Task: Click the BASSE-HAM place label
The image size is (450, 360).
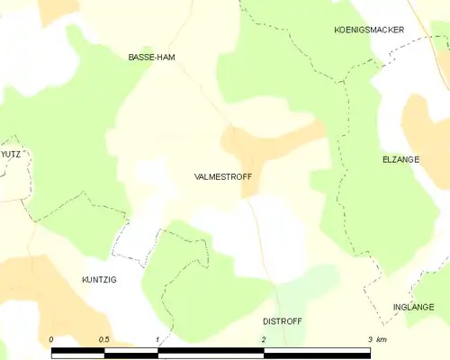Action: [151, 57]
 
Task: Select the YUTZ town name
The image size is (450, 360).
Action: [10, 154]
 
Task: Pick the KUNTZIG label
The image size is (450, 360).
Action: [99, 280]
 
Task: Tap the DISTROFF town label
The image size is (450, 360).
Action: [281, 320]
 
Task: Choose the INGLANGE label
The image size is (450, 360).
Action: [413, 307]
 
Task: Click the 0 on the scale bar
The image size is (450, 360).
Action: [51, 339]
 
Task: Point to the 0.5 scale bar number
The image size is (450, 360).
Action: [104, 339]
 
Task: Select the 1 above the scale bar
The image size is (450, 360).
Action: [157, 339]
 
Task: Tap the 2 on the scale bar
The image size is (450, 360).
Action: [264, 339]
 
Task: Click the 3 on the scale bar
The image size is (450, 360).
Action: [370, 339]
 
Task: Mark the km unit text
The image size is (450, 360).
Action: [382, 339]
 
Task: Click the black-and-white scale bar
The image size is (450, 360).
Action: [211, 351]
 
